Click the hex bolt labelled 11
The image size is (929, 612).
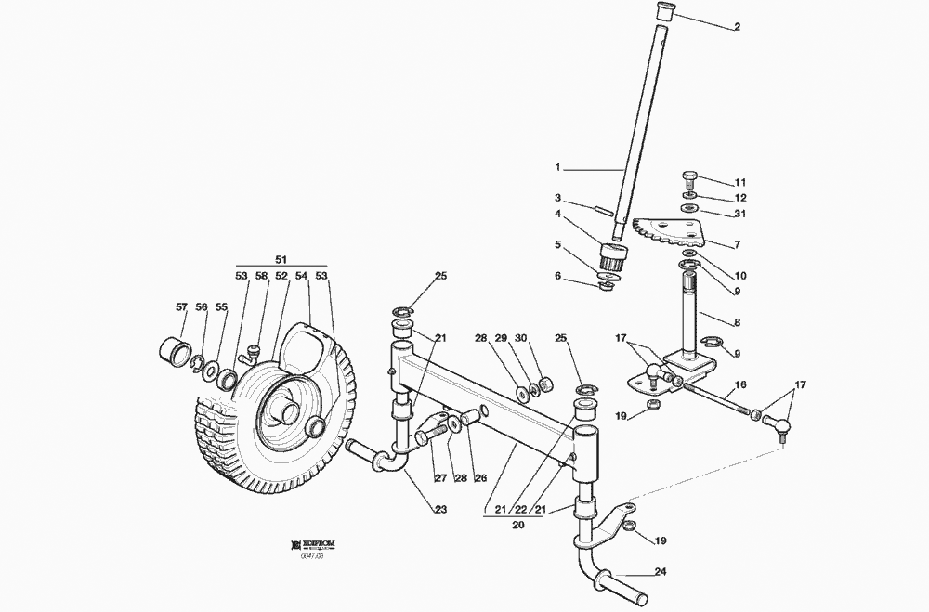coord(690,177)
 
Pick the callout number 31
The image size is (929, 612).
coord(740,214)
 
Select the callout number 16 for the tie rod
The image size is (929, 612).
coord(740,384)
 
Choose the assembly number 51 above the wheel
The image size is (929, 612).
coord(282,260)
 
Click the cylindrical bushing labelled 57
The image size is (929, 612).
coord(175,353)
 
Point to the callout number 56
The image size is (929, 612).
coord(201,306)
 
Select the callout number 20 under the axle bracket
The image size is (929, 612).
coord(518,524)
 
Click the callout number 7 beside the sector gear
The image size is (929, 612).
coord(736,244)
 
